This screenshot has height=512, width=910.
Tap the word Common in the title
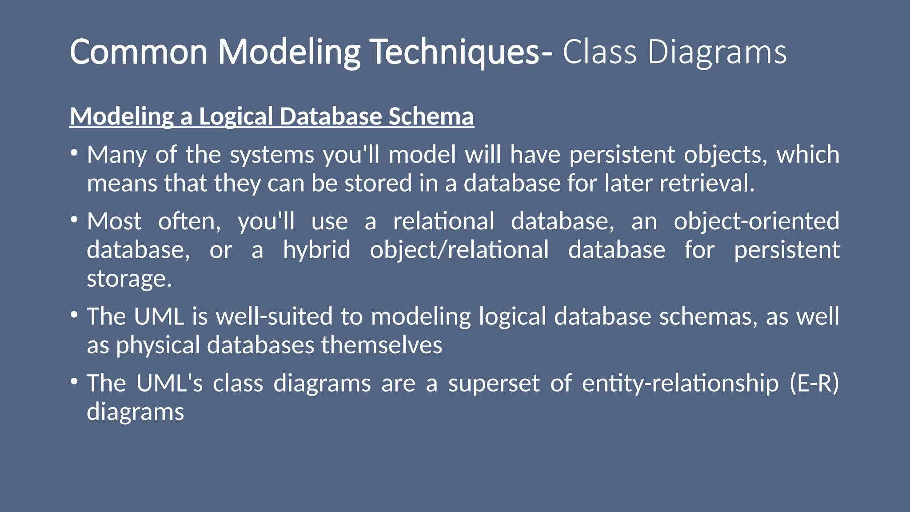[x=139, y=52]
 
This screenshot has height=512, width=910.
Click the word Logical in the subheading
[x=235, y=116]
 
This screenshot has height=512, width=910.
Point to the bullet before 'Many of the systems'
[x=74, y=154]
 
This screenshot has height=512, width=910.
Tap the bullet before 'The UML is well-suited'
[x=74, y=316]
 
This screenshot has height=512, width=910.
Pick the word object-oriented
[x=756, y=221]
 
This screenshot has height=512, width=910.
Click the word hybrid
[x=316, y=250]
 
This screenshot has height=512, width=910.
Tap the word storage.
[x=129, y=279]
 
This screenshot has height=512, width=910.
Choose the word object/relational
[x=459, y=250]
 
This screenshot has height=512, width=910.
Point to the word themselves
[x=381, y=345]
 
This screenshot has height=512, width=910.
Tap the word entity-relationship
[x=680, y=383]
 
